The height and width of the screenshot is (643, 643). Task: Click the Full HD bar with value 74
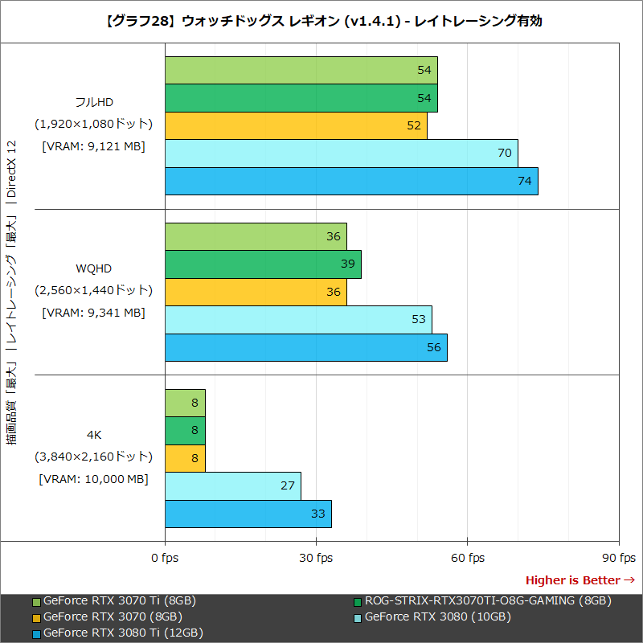coord(351,181)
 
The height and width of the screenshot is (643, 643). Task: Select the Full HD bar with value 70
coord(341,153)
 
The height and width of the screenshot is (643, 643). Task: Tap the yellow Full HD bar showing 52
coord(296,125)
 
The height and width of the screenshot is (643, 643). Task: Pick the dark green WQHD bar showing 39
coord(263,264)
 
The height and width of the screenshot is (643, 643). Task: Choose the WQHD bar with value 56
coord(305,348)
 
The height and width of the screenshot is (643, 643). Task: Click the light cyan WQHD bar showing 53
coord(298,320)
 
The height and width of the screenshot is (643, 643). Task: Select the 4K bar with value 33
coord(248,514)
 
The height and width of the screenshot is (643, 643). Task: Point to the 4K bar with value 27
coord(232,486)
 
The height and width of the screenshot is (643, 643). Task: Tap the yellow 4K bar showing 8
coord(185,459)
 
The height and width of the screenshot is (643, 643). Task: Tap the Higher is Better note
coord(580,580)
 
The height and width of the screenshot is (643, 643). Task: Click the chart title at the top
coord(321,21)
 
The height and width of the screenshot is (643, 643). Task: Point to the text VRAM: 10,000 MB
coord(93,479)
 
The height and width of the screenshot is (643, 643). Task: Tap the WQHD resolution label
coord(93,268)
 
